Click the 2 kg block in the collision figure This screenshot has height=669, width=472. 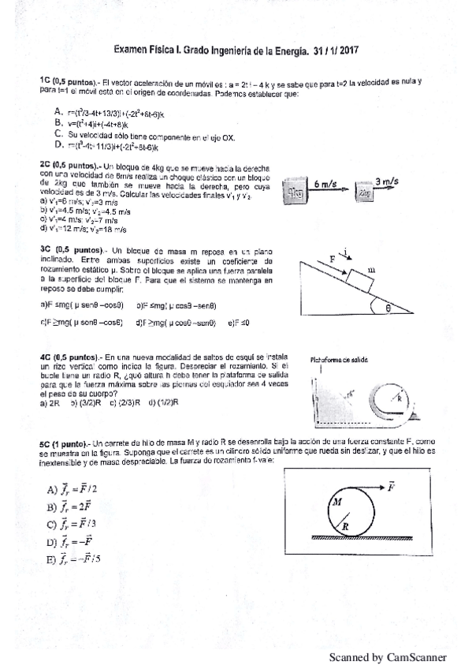[363, 192]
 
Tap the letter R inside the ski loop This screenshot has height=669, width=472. [400, 399]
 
